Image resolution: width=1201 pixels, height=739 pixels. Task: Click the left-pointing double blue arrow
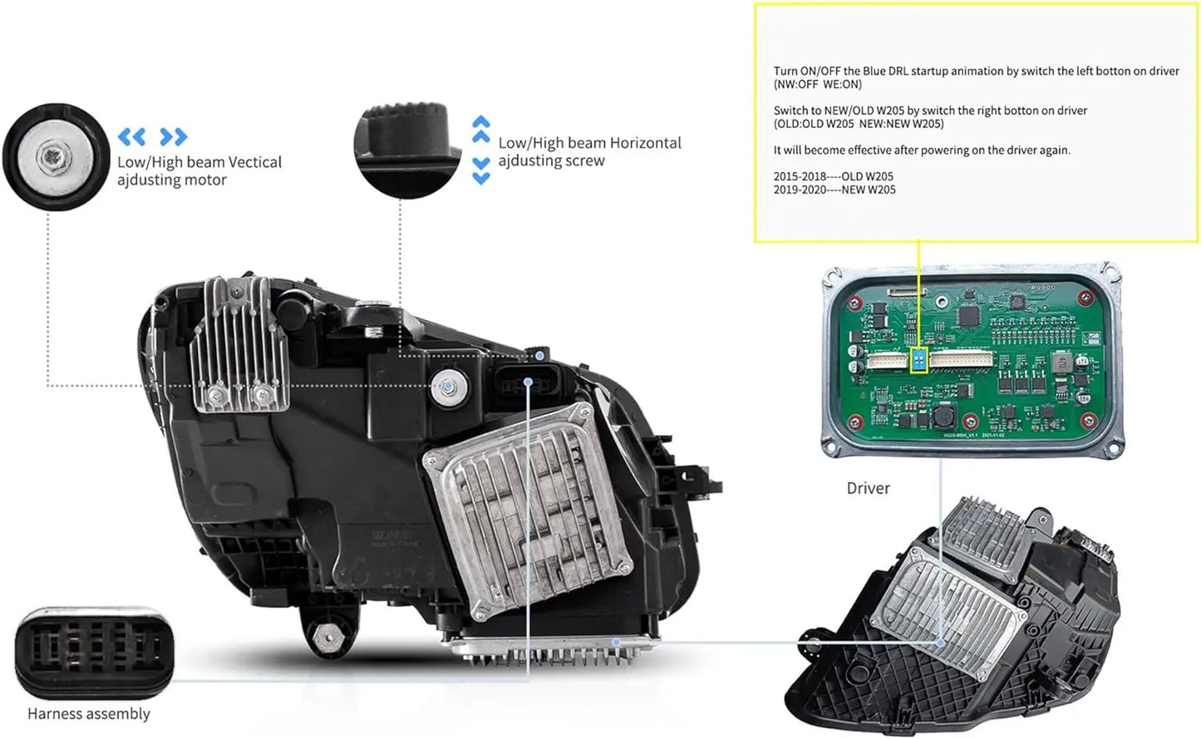pos(132,136)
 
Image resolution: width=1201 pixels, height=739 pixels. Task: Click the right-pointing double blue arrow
pos(174,136)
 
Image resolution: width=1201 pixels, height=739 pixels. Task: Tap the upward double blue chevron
pos(480,128)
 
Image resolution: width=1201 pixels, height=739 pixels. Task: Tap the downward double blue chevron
pos(480,170)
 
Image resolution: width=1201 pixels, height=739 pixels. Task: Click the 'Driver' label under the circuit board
pos(868,489)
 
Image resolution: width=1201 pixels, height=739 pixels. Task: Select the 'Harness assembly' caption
pos(89,714)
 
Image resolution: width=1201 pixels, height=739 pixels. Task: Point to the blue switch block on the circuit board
pos(918,360)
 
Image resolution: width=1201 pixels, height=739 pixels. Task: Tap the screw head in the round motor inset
pos(56,157)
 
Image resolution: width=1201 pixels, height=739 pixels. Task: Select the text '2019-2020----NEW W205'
pos(834,190)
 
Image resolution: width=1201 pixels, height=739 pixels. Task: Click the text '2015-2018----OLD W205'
pos(834,176)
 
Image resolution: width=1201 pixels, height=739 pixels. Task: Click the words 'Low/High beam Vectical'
pos(199,162)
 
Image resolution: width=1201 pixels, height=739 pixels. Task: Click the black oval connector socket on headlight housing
pos(527,384)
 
